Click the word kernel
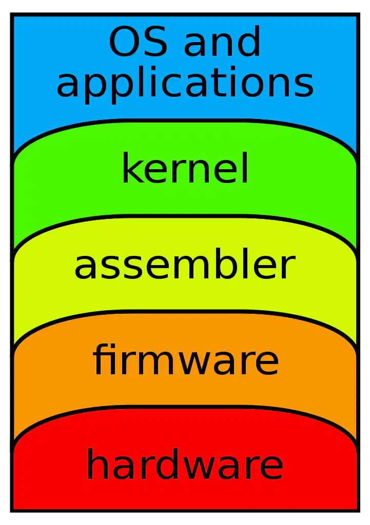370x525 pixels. pos(185,168)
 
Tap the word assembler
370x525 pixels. pos(185,264)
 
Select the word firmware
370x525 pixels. pos(185,359)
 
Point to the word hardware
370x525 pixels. pos(185,463)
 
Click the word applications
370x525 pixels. pos(185,84)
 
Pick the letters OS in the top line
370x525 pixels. pos(138,42)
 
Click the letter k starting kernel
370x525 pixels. pos(131,168)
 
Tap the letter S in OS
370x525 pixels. pos(154,42)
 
